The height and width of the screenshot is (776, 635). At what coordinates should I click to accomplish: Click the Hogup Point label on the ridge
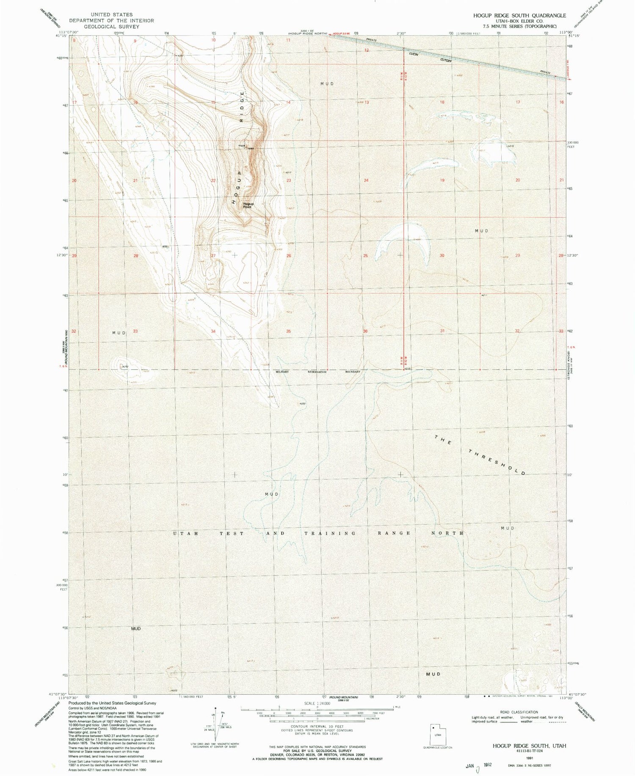pos(247,205)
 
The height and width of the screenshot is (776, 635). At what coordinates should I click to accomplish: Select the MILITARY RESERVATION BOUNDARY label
pos(317,371)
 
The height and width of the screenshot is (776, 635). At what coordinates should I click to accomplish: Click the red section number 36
pos(365,331)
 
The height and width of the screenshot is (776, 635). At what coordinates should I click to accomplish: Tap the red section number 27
pos(213,255)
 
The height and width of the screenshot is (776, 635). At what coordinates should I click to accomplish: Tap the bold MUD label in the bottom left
pos(135,629)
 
